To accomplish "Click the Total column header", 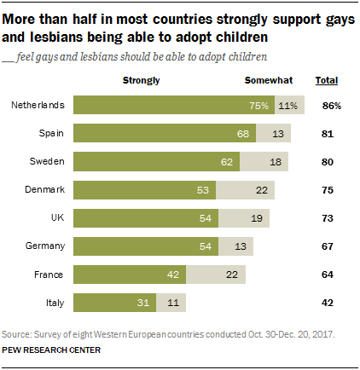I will point(326,80).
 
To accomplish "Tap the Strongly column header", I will point(142,80).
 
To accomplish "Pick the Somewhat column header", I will point(269,80).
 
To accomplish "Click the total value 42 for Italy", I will point(328,302).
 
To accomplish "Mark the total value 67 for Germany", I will point(328,246).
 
